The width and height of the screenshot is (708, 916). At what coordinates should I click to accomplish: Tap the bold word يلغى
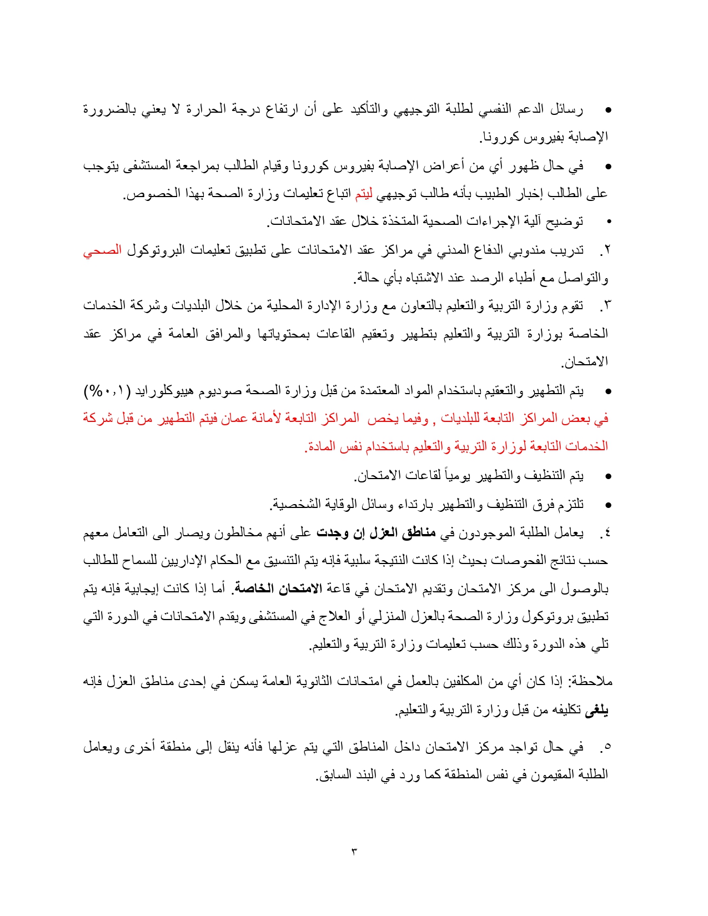597,711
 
